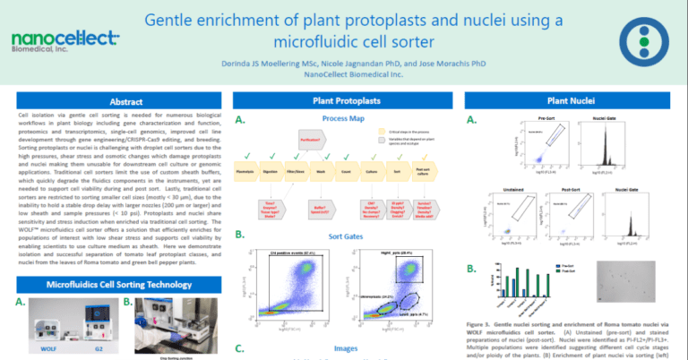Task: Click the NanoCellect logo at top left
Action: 64,40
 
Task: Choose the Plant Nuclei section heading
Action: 572,101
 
